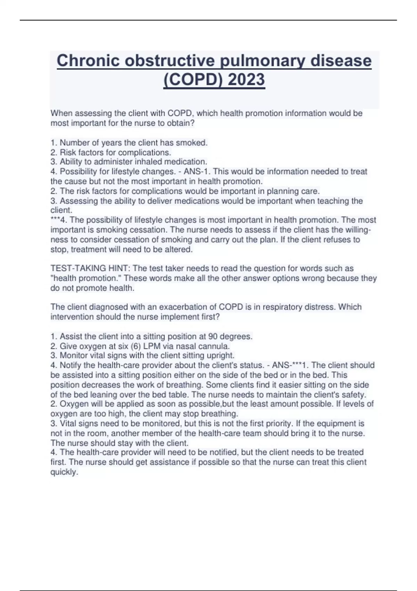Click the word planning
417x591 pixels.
coord(282,191)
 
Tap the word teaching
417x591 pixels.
coord(334,201)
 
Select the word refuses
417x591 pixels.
coord(336,240)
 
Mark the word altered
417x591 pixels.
coord(179,249)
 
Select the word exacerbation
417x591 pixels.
coord(165,307)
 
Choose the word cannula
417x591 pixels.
coord(214,346)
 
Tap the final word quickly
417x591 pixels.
coord(64,472)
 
